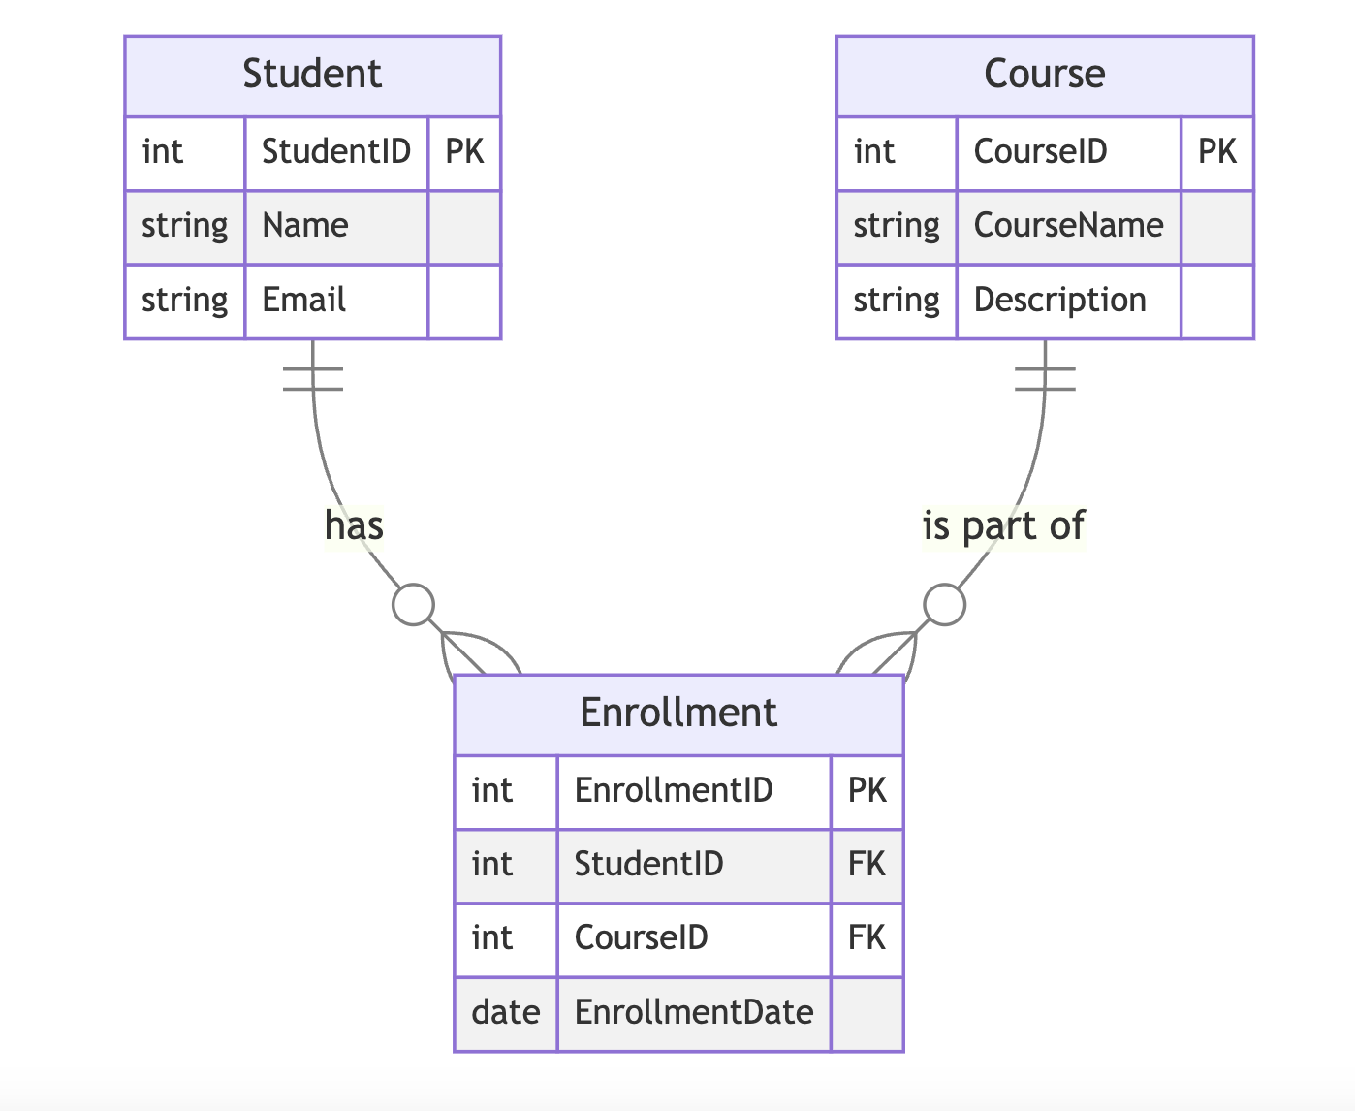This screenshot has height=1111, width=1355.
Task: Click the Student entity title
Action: tap(312, 75)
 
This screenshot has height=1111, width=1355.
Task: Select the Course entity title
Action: tap(1044, 75)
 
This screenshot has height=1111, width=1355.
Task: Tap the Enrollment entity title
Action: tap(678, 714)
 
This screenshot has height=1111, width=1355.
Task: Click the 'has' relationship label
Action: tap(354, 525)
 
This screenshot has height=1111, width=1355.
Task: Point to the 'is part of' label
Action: tap(1003, 525)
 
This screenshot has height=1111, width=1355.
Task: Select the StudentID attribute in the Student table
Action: tap(336, 152)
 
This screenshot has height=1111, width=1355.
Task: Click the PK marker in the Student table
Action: tap(464, 152)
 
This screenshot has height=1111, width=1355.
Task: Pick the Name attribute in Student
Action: tap(305, 226)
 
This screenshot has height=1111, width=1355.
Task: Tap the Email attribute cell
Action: tap(304, 301)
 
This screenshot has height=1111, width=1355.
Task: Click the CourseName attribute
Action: tap(1068, 226)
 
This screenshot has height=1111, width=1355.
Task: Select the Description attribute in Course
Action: tap(1059, 301)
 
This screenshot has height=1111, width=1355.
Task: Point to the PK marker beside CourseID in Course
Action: tap(1217, 152)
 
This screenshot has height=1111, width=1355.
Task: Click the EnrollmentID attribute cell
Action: tap(674, 791)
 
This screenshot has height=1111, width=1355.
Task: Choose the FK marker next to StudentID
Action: tap(867, 865)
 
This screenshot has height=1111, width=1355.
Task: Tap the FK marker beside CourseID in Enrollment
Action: tap(867, 938)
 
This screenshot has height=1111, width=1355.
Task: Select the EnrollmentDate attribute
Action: tap(694, 1013)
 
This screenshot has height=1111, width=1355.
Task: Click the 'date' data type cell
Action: tap(506, 1013)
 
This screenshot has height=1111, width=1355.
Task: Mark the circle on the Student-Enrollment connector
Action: tap(414, 605)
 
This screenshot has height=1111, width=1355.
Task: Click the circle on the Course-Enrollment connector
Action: tap(944, 605)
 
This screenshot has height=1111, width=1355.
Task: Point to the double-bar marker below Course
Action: tap(1045, 379)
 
